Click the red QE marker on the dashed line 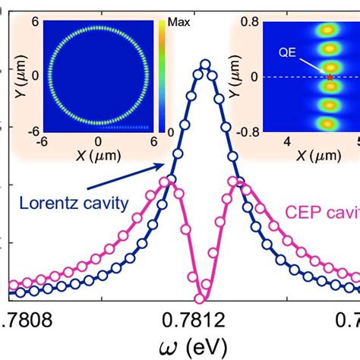point(330,77)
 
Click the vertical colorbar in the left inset point(161,77)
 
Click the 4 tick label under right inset point(287,142)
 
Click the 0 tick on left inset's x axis point(97,142)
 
